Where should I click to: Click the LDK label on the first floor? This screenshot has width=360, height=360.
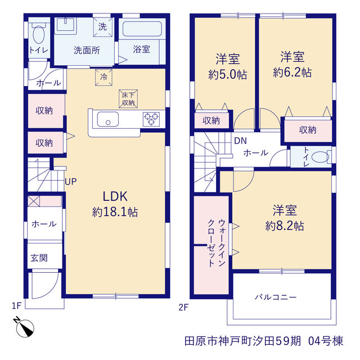(x=115, y=196)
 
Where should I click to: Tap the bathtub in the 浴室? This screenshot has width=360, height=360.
(x=142, y=29)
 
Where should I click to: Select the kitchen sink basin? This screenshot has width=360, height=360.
(x=108, y=119)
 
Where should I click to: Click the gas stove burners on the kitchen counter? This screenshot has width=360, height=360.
(x=151, y=119)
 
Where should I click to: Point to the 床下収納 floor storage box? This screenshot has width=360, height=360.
(x=128, y=99)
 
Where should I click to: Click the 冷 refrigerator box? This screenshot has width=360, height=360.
(x=103, y=78)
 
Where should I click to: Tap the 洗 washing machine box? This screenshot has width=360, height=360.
(x=102, y=27)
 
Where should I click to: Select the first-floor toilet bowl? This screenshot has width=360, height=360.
(x=39, y=34)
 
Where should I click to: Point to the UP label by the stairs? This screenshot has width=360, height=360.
(x=71, y=182)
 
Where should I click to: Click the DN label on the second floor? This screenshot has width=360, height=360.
(x=240, y=141)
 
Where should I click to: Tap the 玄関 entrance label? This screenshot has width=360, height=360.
(x=39, y=258)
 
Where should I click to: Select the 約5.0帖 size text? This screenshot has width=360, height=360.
(x=227, y=74)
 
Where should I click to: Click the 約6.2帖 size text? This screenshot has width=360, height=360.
(x=292, y=73)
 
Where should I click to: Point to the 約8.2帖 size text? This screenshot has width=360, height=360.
(x=285, y=226)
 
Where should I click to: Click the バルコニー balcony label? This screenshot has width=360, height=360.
(x=276, y=298)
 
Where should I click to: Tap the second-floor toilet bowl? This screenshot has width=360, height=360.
(x=321, y=157)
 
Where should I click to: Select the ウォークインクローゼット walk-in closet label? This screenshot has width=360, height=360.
(x=217, y=243)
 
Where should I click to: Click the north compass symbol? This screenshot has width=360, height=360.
(x=24, y=327)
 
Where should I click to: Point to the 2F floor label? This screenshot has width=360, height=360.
(x=183, y=308)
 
